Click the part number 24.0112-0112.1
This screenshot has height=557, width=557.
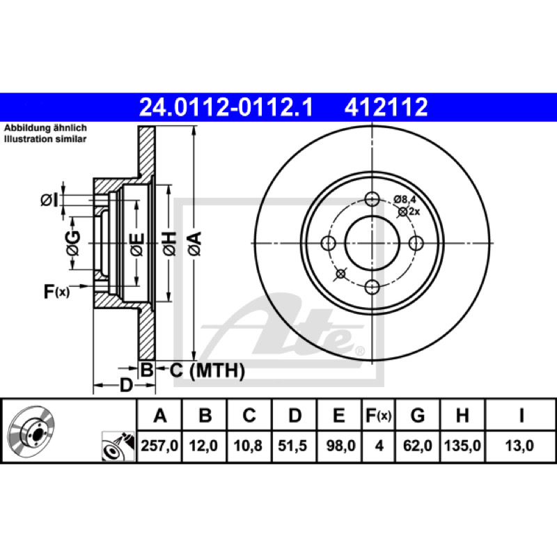(x=226, y=107)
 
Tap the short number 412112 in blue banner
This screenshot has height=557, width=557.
(x=386, y=107)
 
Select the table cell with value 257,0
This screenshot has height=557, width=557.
(x=159, y=446)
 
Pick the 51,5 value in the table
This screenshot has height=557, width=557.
(x=292, y=446)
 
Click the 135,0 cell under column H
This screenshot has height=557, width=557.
(x=462, y=446)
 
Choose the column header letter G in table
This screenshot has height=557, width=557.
(x=417, y=415)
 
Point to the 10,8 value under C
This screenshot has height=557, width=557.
(x=248, y=446)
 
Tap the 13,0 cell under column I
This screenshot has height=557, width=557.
(x=520, y=446)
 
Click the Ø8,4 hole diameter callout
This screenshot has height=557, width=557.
(x=405, y=199)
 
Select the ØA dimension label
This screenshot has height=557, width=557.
(x=195, y=244)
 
